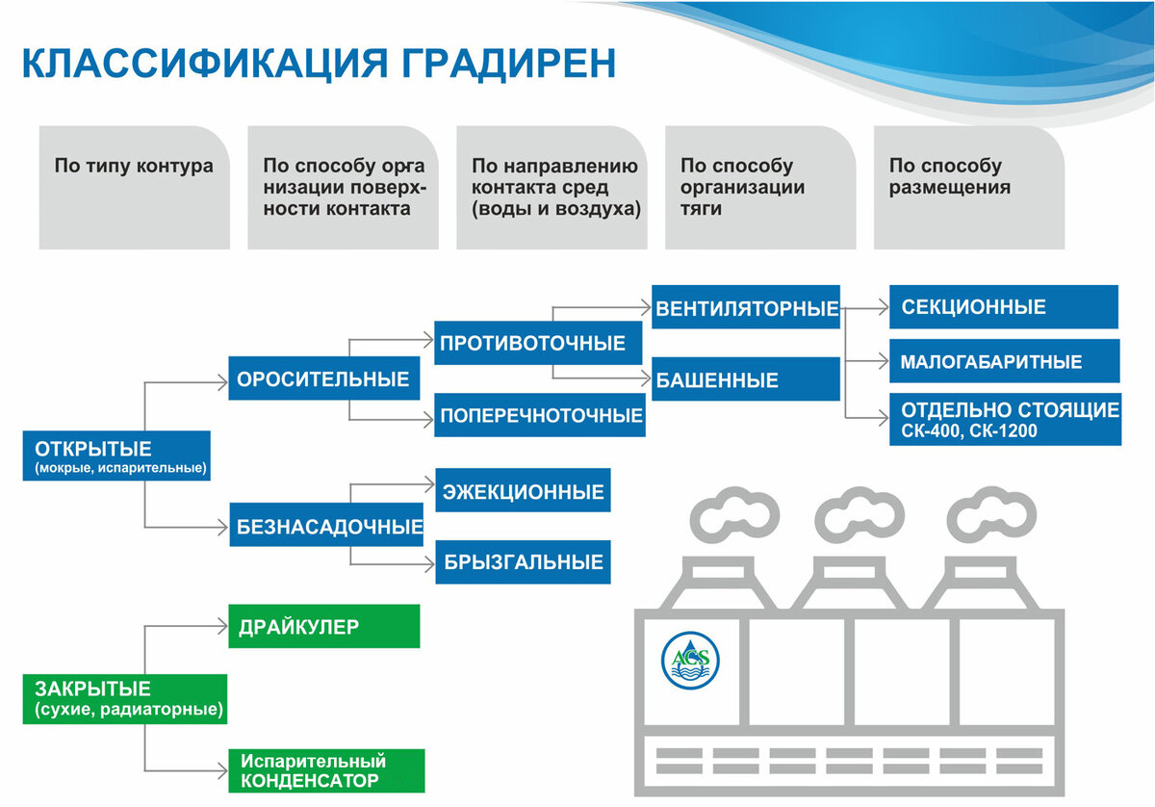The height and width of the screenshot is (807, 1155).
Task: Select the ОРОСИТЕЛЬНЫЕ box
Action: click(x=324, y=378)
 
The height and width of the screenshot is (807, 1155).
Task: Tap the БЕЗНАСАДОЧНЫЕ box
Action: click(x=326, y=527)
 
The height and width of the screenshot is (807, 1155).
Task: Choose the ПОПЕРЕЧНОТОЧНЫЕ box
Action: click(x=540, y=416)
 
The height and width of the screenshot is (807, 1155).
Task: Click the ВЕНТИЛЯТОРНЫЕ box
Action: click(x=746, y=308)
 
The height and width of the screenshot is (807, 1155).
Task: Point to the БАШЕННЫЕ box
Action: click(x=746, y=379)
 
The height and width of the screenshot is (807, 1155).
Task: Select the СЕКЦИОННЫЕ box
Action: click(x=1003, y=307)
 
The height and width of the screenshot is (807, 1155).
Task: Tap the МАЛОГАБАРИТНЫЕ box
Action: click(x=1004, y=361)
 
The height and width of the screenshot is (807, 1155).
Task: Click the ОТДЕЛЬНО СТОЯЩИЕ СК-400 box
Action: click(x=1004, y=419)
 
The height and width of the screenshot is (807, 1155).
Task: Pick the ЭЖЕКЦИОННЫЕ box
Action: click(x=524, y=491)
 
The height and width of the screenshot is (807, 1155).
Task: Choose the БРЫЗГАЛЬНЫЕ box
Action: click(x=524, y=561)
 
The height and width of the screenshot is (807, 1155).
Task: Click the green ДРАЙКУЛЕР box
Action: click(x=324, y=627)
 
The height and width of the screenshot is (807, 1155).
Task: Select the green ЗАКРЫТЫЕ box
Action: click(x=124, y=699)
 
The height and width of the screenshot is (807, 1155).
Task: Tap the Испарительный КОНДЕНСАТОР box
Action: click(x=326, y=770)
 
